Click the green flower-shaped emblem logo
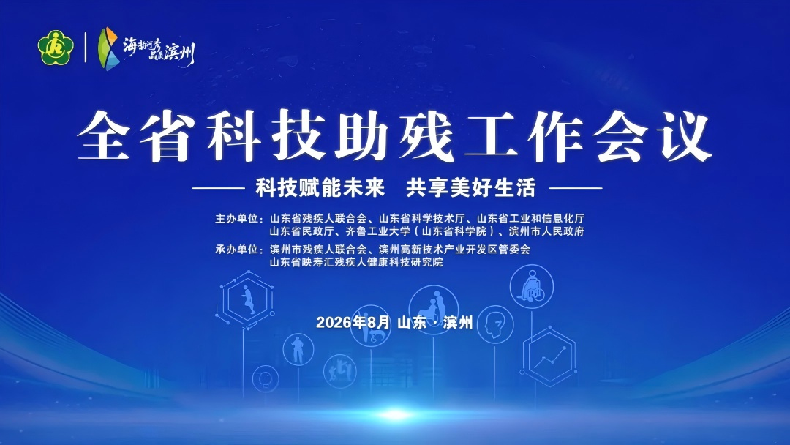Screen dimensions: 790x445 tap(56, 48)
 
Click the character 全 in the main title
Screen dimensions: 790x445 tap(105, 135)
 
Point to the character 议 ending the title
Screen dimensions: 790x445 tap(685, 135)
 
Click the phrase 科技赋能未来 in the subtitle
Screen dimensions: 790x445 tap(320, 188)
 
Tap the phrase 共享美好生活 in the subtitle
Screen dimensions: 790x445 tap(470, 188)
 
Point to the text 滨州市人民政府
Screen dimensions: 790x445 tap(546, 231)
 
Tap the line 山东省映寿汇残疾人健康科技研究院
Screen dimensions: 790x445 tap(356, 262)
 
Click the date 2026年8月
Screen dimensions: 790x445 tap(353, 322)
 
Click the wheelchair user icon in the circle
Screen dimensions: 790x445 tap(532, 287)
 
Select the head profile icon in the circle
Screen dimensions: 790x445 tap(495, 325)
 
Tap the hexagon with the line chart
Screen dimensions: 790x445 tap(549, 357)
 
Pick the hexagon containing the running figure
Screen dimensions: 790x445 tap(247, 300)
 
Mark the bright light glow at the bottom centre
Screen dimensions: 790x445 tap(396, 415)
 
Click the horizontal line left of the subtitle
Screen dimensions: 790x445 tap(218, 189)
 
